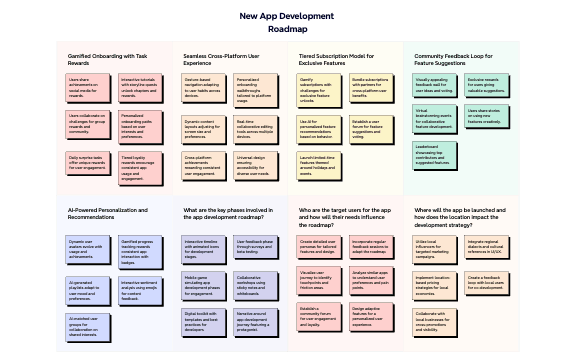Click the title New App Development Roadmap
point(287,22)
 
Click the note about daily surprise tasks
point(87,161)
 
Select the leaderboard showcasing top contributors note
point(433,154)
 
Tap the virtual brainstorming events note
point(433,119)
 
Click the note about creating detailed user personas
point(318,245)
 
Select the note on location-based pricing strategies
point(433,284)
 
